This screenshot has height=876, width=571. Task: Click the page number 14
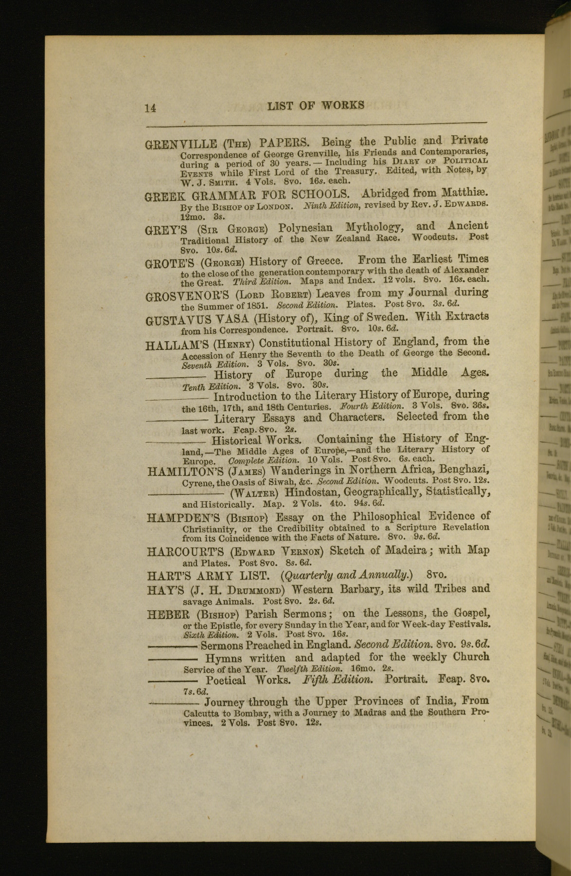coord(150,108)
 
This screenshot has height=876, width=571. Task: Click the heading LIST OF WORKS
coord(316,106)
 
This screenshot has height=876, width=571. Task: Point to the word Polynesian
coord(306,228)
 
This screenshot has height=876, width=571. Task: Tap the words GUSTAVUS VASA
coord(197,320)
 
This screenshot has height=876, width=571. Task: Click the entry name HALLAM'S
coord(178,346)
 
